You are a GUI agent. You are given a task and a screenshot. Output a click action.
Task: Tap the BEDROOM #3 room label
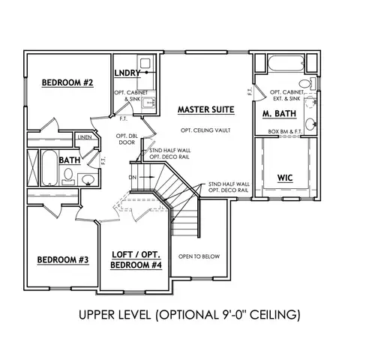pos(63,260)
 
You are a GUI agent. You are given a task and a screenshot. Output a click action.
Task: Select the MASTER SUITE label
pos(206,109)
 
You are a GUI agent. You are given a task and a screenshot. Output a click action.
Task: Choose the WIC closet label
pos(285,178)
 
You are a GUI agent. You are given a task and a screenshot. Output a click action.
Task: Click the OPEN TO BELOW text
pos(199,257)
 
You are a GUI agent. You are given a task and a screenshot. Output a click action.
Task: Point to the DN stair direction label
pos(133,177)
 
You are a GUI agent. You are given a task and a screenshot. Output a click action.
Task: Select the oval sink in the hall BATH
pos(87,178)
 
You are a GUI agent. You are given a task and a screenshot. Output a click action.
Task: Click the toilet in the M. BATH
pos(305,84)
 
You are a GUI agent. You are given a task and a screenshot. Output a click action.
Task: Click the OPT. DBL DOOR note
pos(125,139)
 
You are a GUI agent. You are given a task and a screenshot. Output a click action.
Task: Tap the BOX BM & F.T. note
pos(285,132)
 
